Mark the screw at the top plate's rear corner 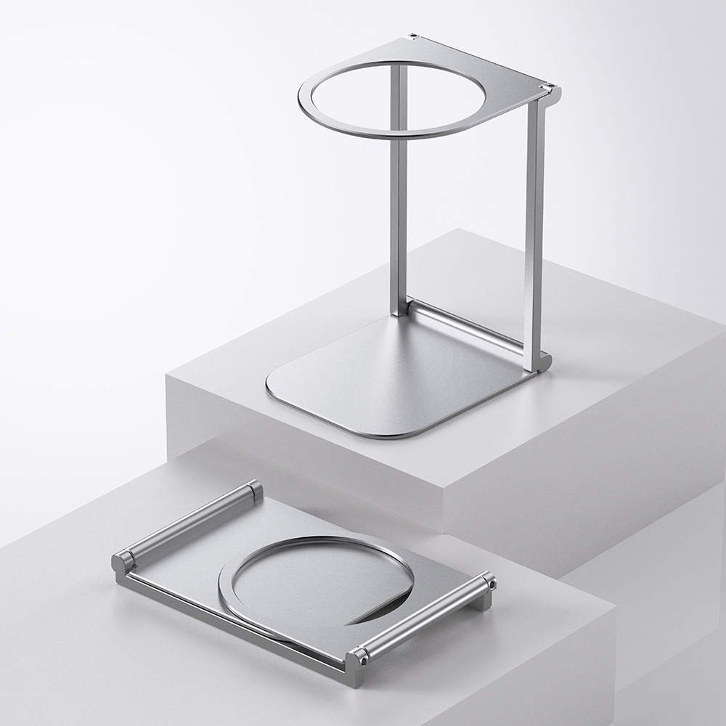coord(413,35)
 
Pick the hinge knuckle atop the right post coord(552,91)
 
